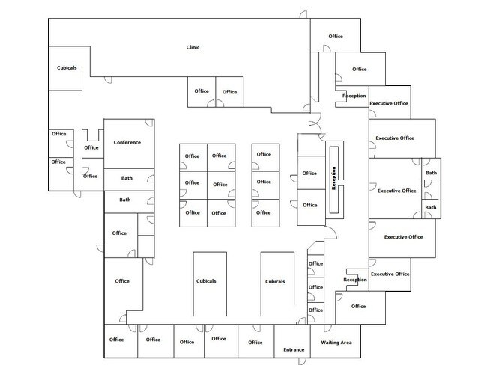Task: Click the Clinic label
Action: tap(193, 47)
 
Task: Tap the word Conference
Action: tap(127, 142)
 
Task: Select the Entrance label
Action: tap(294, 349)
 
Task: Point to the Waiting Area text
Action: tap(336, 343)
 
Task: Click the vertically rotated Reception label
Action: tap(334, 178)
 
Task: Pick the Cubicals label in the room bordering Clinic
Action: tap(67, 67)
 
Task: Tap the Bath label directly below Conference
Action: tap(127, 178)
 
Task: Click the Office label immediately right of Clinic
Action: tap(336, 37)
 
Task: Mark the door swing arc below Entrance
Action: tap(302, 361)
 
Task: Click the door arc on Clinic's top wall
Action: tap(303, 14)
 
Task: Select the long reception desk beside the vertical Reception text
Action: tap(334, 180)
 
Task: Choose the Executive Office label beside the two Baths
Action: tap(396, 191)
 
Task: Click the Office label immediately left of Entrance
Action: tap(255, 342)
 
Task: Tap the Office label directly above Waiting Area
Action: tap(358, 306)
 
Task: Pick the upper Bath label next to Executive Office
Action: tap(431, 173)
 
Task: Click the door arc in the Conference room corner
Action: tap(149, 123)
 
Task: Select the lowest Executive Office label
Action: tap(390, 274)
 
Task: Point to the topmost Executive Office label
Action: tap(389, 103)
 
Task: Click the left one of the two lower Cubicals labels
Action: tap(206, 281)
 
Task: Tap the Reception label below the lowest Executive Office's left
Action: tap(355, 280)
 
